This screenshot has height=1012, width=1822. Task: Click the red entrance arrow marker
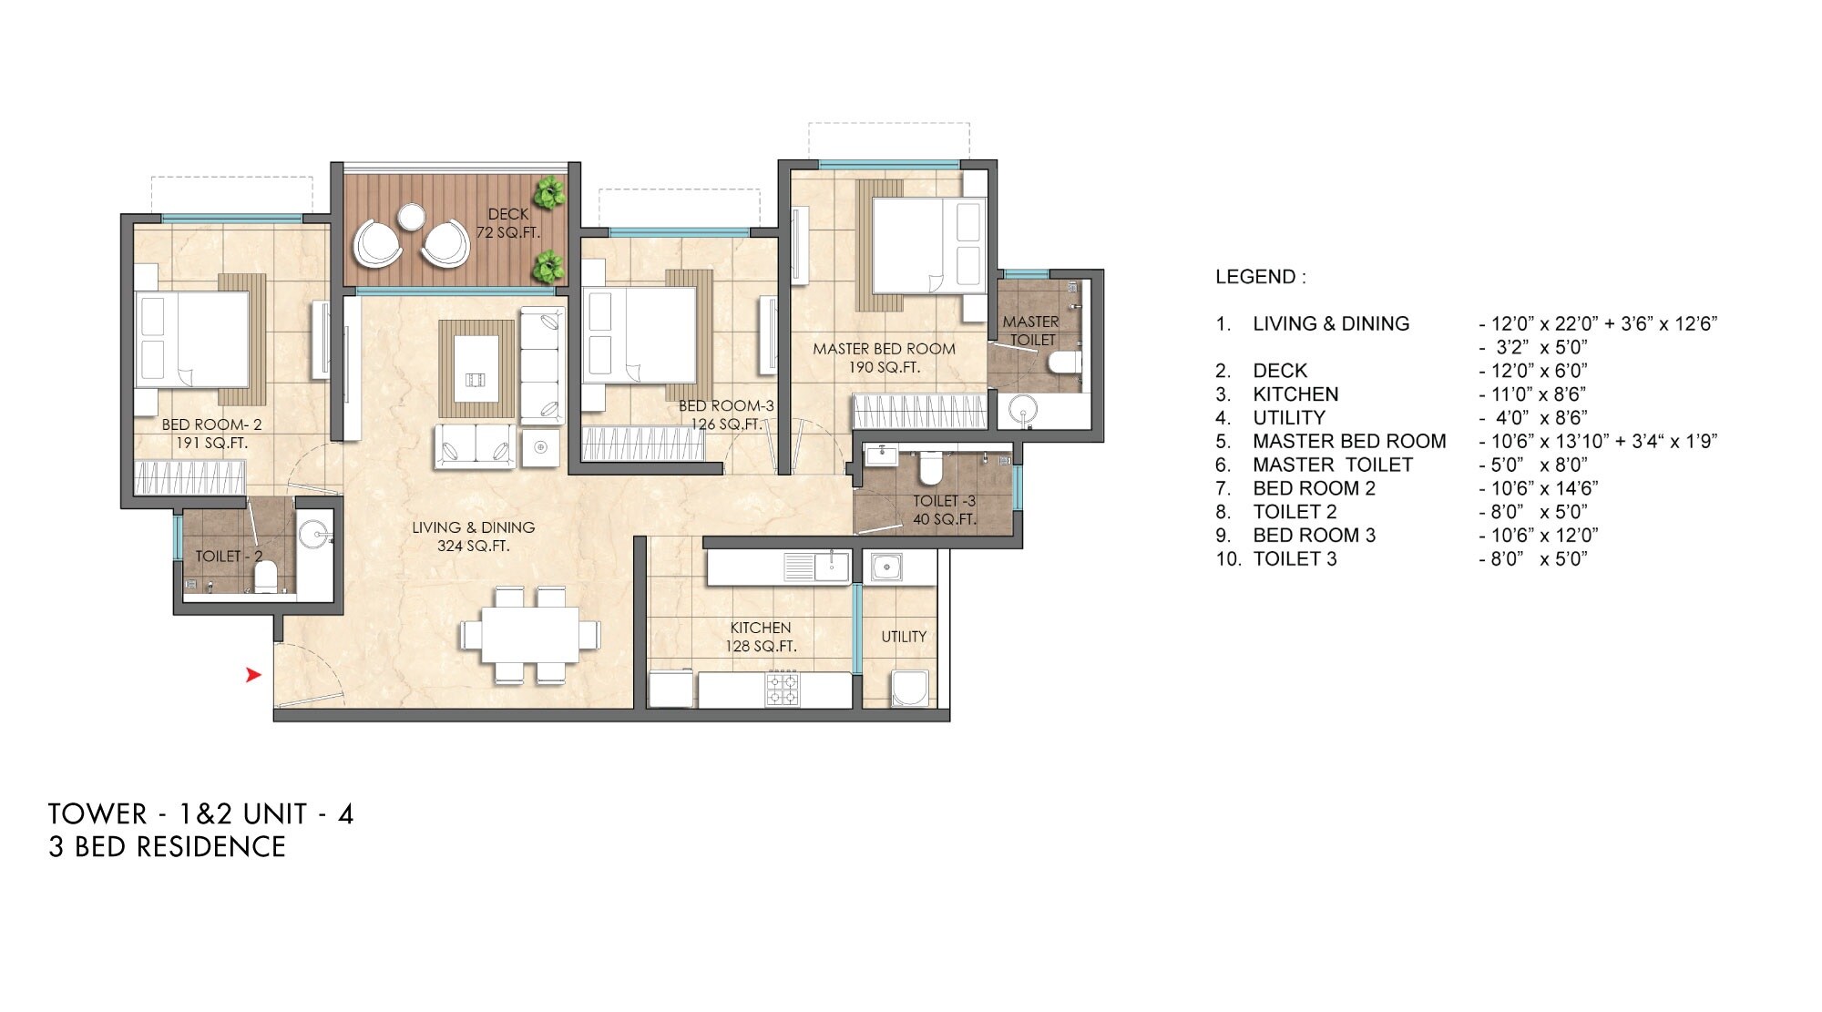(253, 675)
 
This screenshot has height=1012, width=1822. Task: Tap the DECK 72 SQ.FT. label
(507, 223)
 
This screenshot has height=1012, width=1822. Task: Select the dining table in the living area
(530, 635)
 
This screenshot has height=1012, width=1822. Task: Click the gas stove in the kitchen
(782, 689)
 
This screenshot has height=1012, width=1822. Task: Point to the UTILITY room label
(904, 637)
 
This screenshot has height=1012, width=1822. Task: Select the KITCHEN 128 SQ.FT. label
(761, 637)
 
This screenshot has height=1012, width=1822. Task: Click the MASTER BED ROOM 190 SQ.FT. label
(884, 358)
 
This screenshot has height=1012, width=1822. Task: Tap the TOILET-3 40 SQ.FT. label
(944, 510)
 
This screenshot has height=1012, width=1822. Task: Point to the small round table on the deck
(411, 217)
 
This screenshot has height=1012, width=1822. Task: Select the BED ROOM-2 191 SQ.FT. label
(211, 434)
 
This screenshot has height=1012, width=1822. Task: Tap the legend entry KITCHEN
(1295, 394)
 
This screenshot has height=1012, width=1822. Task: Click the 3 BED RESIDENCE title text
(168, 847)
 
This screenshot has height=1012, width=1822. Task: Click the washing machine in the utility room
(910, 690)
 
